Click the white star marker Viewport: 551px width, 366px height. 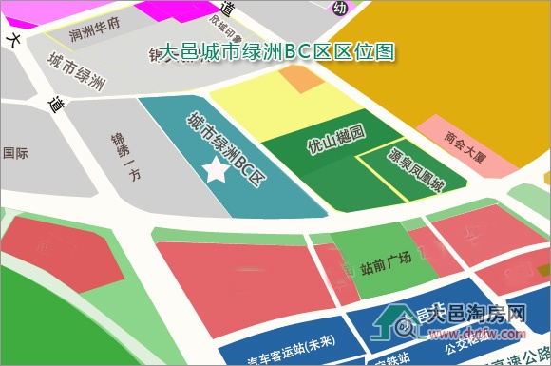217,171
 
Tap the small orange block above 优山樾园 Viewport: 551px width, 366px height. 304,82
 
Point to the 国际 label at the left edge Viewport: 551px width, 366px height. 15,152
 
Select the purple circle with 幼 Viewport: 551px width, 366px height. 340,8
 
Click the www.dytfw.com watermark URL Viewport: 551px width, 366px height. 477,335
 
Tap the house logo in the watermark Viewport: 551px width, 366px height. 394,324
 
